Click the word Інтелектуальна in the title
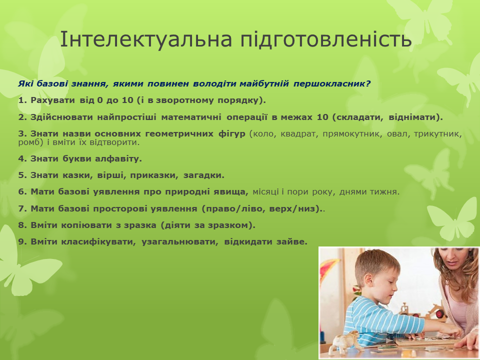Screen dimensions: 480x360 click(146, 39)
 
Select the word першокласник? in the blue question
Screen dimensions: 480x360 click(332, 83)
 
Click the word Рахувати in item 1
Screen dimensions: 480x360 click(52, 100)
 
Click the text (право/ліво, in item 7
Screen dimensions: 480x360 click(234, 209)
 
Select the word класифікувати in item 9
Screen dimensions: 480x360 click(98, 242)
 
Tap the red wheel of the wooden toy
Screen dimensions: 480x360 click(440, 314)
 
